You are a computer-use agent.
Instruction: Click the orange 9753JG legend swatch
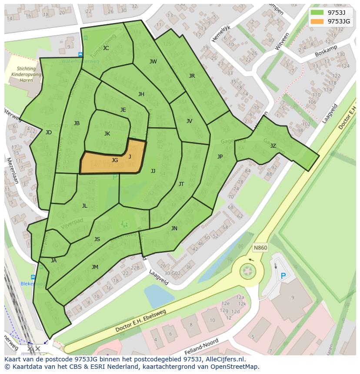point(317,21)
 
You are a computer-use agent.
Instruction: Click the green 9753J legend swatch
point(317,12)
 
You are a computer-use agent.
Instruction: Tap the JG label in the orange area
point(115,160)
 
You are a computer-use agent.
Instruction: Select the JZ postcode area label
point(273,146)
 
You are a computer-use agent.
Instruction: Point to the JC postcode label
point(106,48)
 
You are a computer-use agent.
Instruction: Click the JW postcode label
point(153,62)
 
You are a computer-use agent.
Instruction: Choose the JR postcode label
point(192,76)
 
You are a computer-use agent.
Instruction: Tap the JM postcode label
point(95,267)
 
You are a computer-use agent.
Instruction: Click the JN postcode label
point(174,228)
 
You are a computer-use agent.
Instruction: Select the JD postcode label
point(48,132)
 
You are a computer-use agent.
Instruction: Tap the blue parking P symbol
point(283,276)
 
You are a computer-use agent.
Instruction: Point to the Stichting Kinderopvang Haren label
point(27,74)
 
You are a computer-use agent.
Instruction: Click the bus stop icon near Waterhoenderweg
point(80,54)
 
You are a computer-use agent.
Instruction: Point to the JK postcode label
point(107,134)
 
